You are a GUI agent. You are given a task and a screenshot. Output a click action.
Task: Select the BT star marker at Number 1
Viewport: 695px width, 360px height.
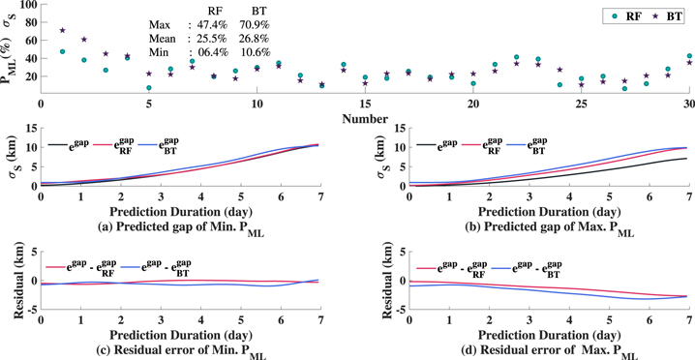click(x=63, y=31)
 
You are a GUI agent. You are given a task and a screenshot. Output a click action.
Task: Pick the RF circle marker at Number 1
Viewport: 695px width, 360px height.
click(x=63, y=51)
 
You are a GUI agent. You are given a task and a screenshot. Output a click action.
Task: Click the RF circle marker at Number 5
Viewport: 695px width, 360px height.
click(x=149, y=88)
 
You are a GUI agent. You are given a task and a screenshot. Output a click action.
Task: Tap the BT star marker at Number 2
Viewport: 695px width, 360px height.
click(x=84, y=40)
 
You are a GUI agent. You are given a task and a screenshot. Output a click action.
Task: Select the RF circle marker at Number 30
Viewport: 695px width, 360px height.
click(x=689, y=56)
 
